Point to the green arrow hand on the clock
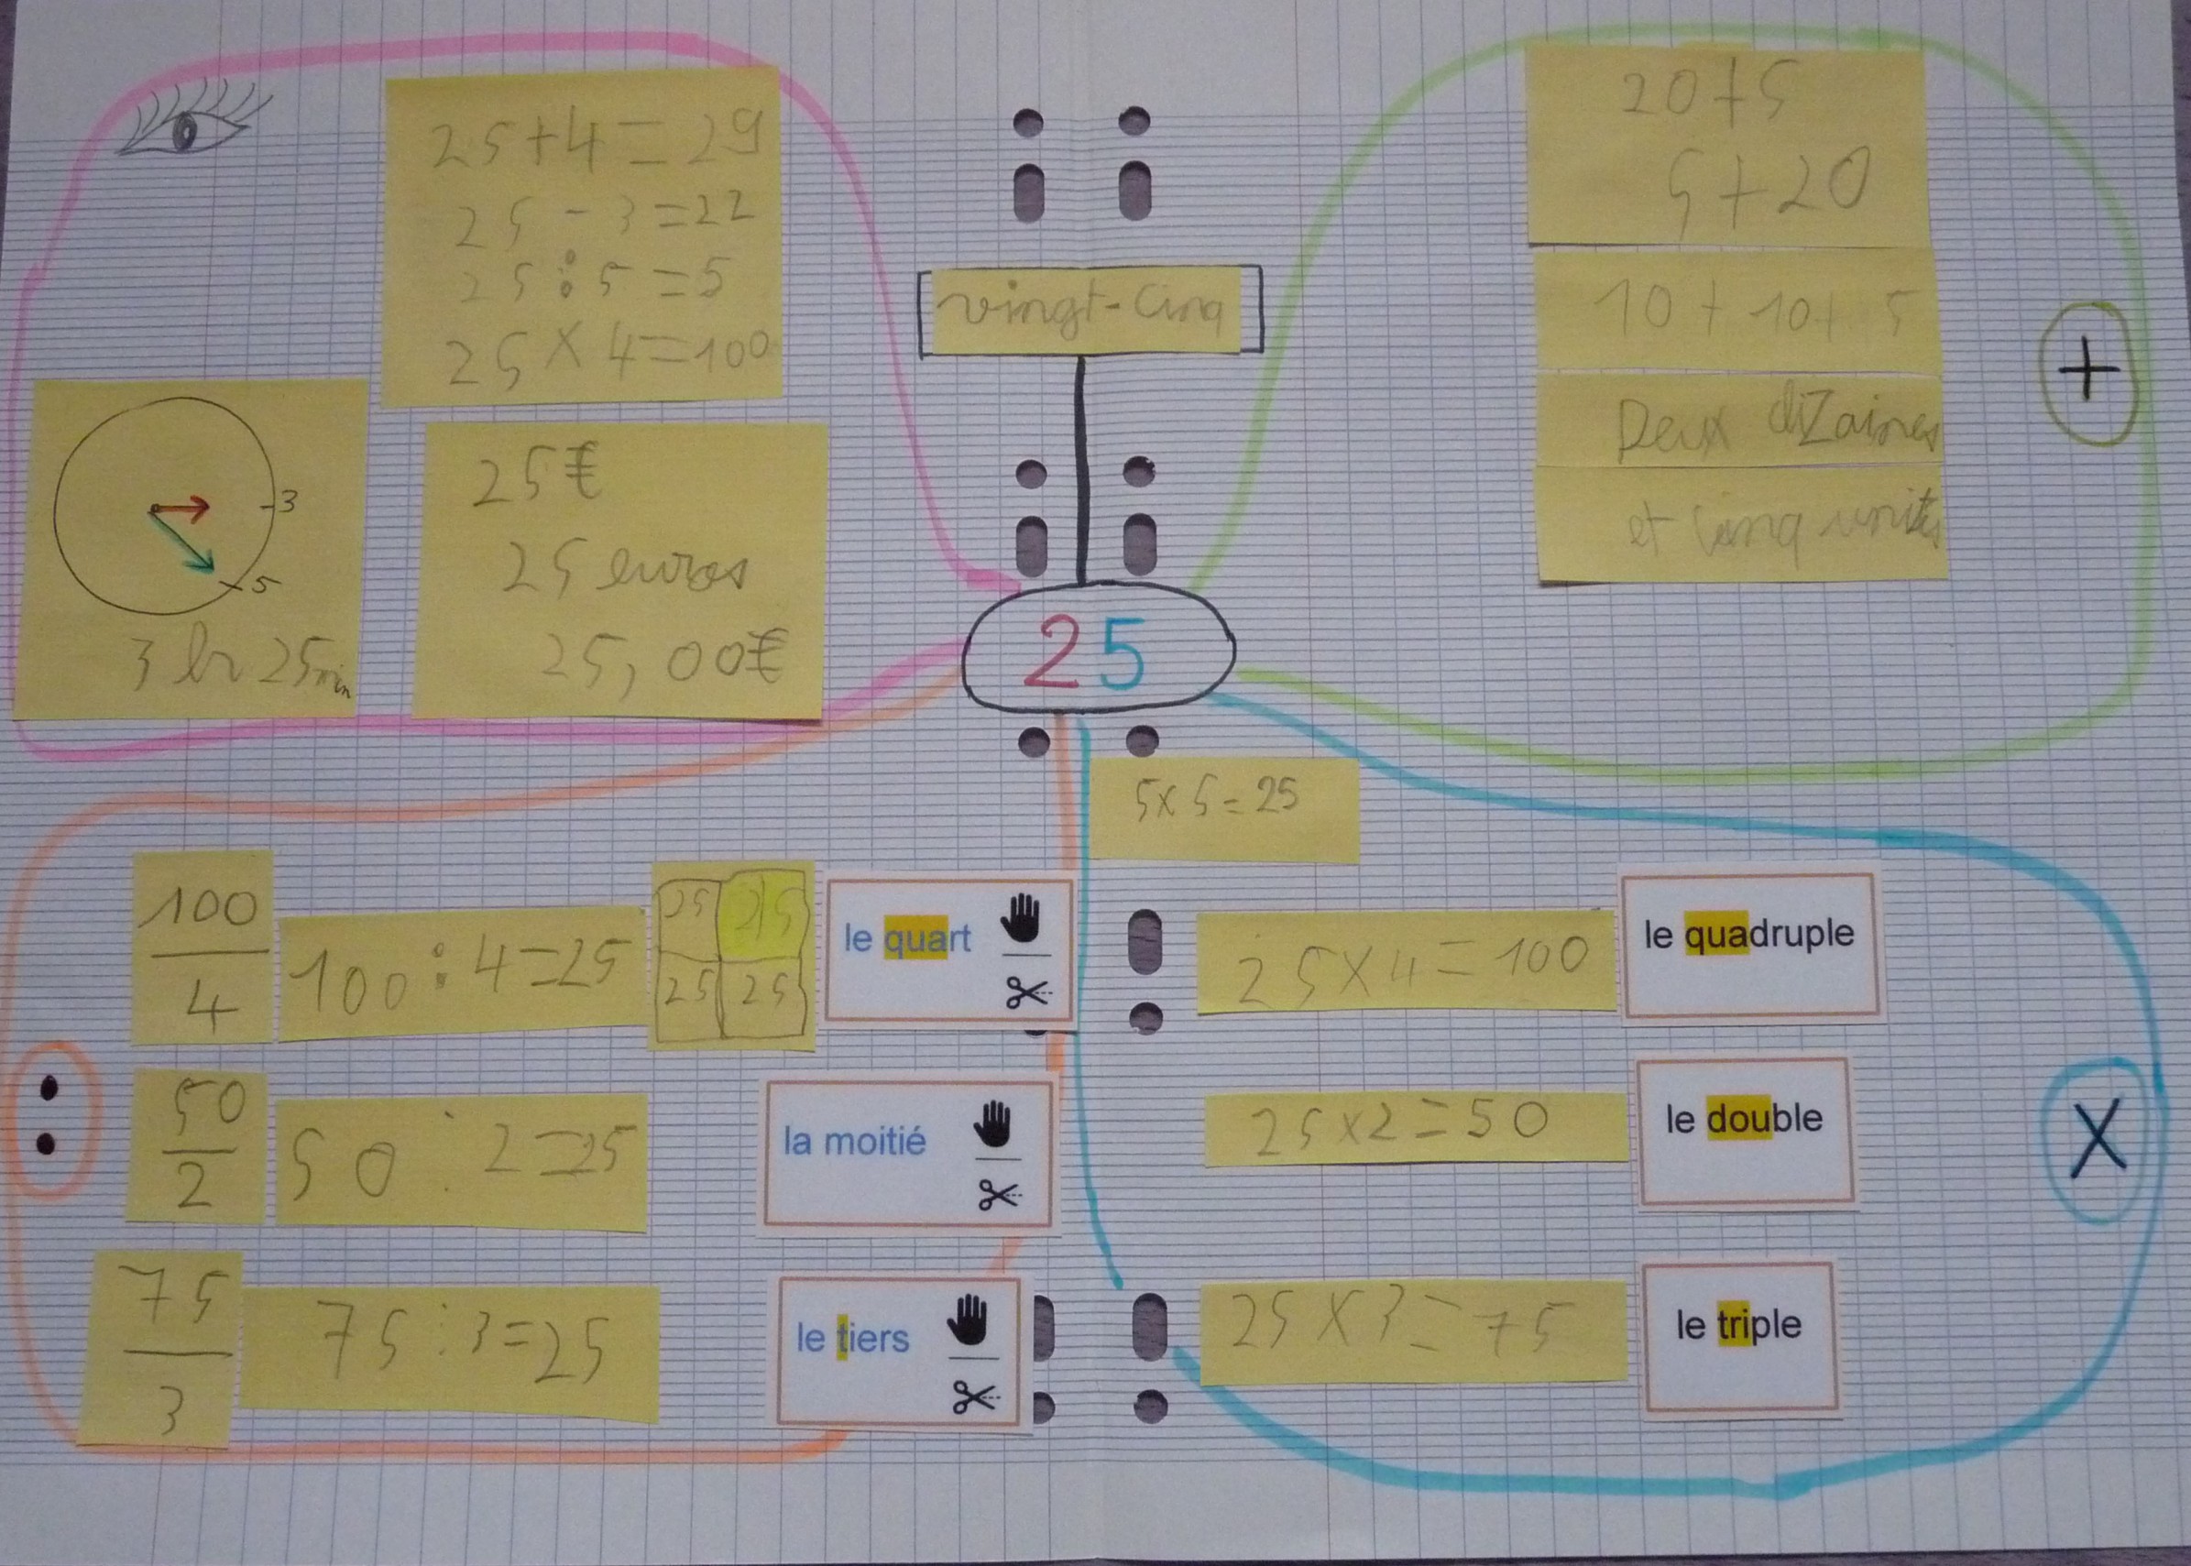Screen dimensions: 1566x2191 tap(183, 538)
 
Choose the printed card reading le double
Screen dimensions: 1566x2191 tap(1745, 1119)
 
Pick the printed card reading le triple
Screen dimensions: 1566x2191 tap(1738, 1325)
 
